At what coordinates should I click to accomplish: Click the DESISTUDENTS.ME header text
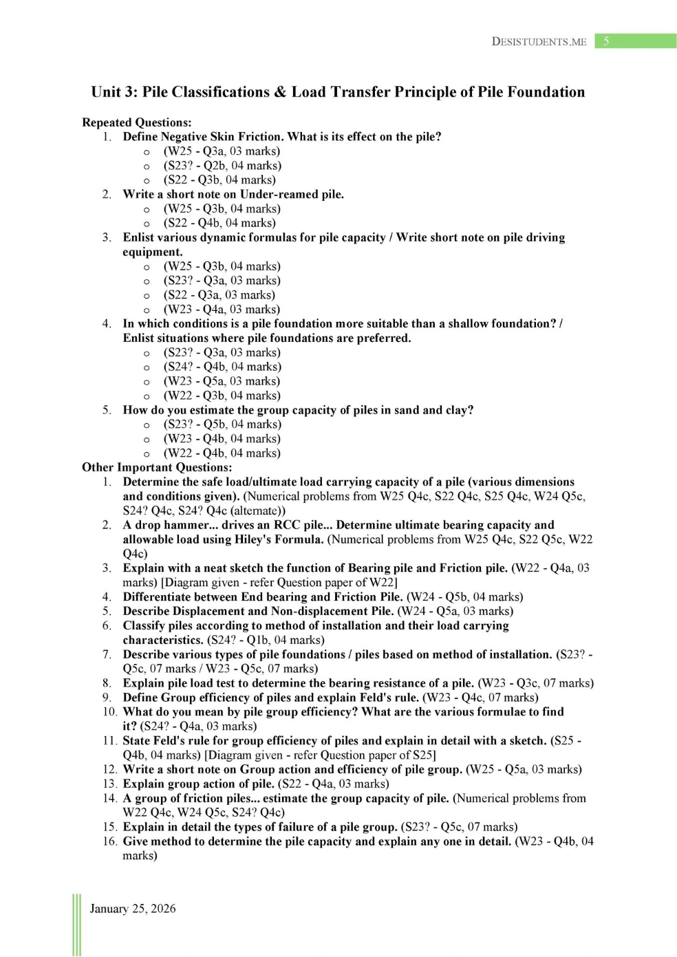tap(539, 42)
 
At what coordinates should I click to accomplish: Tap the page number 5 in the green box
tap(606, 41)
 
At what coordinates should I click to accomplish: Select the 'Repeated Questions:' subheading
tap(136, 122)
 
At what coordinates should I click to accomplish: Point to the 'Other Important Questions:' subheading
tap(157, 467)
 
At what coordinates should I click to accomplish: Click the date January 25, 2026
tap(133, 908)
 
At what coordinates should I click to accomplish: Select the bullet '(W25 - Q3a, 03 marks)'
tap(222, 151)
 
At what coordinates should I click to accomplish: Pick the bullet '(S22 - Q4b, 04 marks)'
tap(219, 223)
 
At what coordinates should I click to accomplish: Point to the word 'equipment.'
tap(153, 252)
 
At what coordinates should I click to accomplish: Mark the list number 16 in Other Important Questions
tap(109, 841)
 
